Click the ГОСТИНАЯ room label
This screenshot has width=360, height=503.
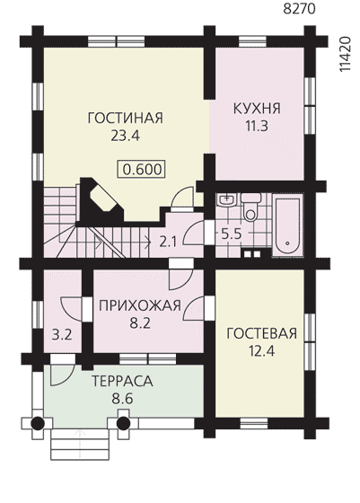126,118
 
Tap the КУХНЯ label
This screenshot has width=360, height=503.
257,109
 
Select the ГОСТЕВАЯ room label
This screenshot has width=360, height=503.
261,333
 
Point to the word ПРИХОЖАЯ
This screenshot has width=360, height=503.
140,305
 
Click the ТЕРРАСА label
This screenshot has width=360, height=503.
122,381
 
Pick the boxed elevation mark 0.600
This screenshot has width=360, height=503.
142,169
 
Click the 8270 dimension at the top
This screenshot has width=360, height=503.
300,9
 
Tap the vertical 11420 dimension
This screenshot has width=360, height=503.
345,55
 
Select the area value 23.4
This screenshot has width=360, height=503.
126,136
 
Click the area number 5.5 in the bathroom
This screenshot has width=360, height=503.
231,234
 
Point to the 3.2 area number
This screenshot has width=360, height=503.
62,335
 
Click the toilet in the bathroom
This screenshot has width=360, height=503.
250,207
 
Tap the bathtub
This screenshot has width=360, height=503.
287,225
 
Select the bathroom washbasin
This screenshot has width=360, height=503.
226,199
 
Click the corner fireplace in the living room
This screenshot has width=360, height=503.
100,200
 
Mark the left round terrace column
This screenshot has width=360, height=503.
37,423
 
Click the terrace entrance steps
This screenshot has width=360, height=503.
79,444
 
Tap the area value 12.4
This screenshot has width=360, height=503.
261,352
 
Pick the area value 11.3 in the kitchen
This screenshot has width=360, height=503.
257,127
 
